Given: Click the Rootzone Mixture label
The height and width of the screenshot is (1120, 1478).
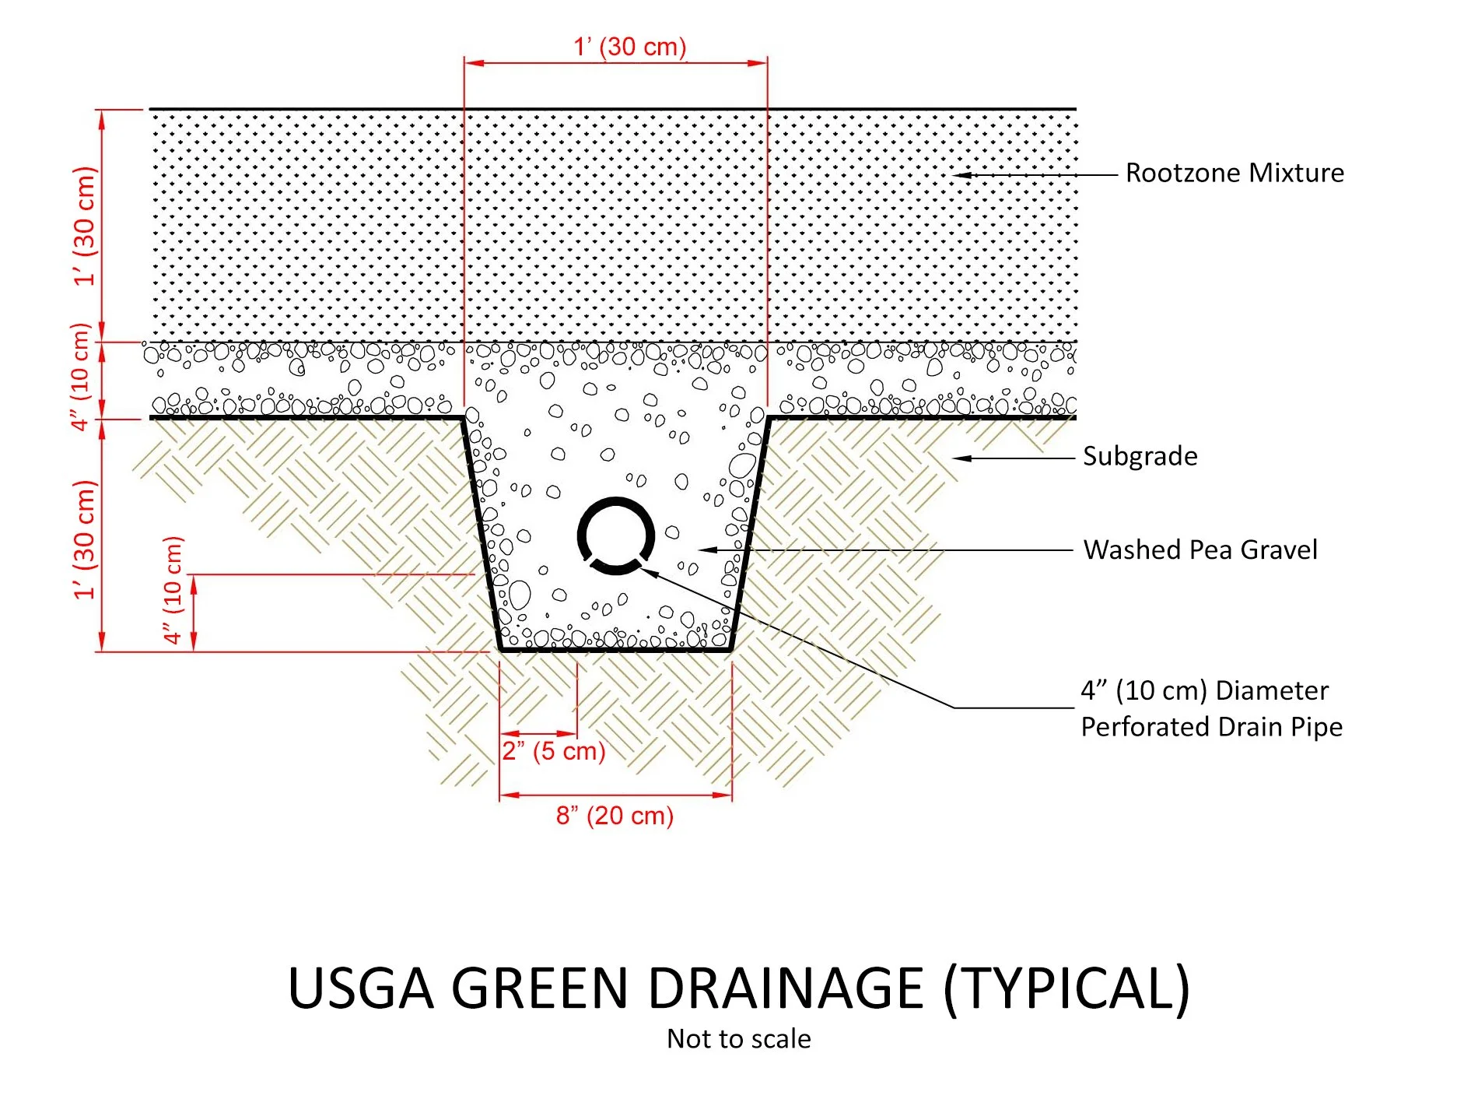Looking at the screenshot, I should (1235, 173).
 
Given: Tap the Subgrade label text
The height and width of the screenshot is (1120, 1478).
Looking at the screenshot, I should (1140, 456).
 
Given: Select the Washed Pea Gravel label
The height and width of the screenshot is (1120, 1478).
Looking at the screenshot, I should (1200, 549).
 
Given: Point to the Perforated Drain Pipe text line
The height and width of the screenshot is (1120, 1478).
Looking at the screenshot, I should (1211, 727).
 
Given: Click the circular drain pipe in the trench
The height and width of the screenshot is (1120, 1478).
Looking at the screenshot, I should (615, 535).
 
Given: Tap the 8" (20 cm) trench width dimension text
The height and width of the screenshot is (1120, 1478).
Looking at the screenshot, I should (615, 816).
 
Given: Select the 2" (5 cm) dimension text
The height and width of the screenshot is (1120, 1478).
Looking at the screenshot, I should (553, 751).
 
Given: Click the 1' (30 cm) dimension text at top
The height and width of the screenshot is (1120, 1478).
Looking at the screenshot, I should (630, 47).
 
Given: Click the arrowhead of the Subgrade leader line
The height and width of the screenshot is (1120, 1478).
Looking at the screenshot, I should (961, 458).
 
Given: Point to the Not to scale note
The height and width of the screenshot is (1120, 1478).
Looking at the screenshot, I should (738, 1039).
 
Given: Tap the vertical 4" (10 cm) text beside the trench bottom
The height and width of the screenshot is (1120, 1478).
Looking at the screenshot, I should (173, 590).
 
